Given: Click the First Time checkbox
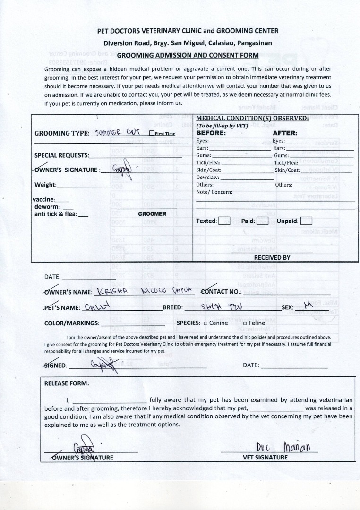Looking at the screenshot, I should pos(152,133).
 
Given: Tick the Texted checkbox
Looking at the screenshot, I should pos(224,221).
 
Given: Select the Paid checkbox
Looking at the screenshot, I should pos(262,221).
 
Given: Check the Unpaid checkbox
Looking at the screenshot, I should pos(306,221).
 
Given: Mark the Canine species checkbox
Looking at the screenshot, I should pos(206,323).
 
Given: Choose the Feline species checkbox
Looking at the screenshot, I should pos(245,323).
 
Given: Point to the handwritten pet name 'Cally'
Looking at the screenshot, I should pos(97,306).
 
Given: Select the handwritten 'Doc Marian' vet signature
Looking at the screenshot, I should pos(283,446).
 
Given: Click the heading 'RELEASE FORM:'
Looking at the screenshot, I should pos(67,383).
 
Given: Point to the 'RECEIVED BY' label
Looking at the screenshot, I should pos(272,258).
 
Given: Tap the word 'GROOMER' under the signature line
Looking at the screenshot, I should pos(152,214).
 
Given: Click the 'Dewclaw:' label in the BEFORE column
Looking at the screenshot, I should pos(208,178).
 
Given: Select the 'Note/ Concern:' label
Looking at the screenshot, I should pos(214,192).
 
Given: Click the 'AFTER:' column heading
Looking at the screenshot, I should pos(285,133).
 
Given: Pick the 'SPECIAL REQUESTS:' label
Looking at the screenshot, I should pos(61,155).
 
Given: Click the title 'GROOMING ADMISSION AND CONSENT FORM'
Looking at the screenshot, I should pos(188,55).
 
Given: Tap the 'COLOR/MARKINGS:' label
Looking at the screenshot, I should pos(72,323).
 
